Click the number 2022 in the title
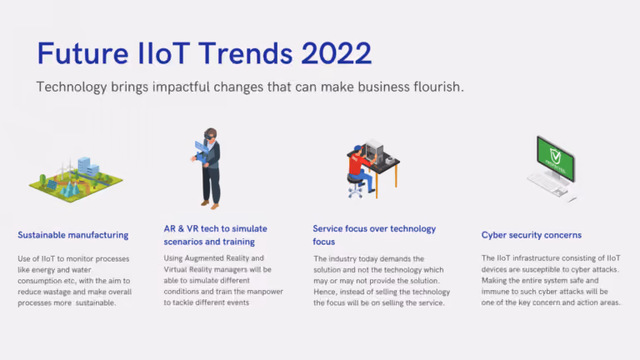(337, 53)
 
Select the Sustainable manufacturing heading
(73, 235)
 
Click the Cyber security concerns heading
(532, 235)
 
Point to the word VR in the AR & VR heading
(192, 228)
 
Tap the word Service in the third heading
(327, 228)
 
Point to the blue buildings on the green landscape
(87, 166)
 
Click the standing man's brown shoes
(210, 204)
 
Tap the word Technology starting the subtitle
(72, 87)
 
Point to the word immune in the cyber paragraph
(494, 292)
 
